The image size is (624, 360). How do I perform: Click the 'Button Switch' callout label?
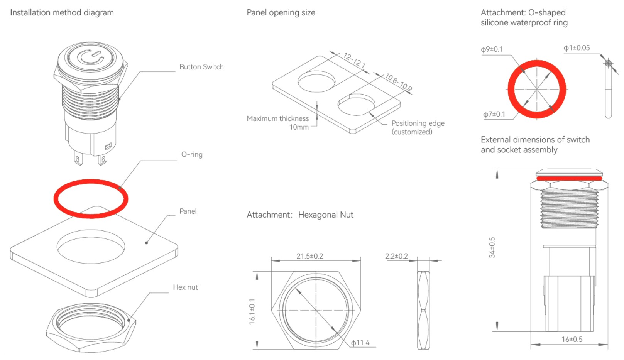201,67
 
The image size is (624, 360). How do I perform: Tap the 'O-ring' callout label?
192,154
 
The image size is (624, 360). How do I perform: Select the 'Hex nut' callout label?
185,287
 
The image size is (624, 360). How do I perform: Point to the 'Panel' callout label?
188,211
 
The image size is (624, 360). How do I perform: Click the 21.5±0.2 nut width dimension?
309,256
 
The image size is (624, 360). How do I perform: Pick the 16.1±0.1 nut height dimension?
252,311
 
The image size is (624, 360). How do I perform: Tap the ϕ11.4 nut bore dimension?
360,343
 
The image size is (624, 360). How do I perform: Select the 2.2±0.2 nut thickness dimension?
396,256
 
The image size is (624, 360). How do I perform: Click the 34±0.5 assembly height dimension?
492,247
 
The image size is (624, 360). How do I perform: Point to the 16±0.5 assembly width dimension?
572,339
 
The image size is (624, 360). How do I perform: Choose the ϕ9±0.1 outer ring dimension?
492,49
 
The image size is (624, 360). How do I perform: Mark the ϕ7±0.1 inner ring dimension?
494,114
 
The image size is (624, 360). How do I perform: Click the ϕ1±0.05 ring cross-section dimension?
577,48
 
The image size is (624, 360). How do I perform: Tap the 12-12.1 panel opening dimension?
354,61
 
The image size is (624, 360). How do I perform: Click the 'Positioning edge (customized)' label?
418,127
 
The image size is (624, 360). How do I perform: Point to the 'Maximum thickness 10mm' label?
278,123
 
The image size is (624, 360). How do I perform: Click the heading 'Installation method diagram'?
62,12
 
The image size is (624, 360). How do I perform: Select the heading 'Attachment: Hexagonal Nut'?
300,215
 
